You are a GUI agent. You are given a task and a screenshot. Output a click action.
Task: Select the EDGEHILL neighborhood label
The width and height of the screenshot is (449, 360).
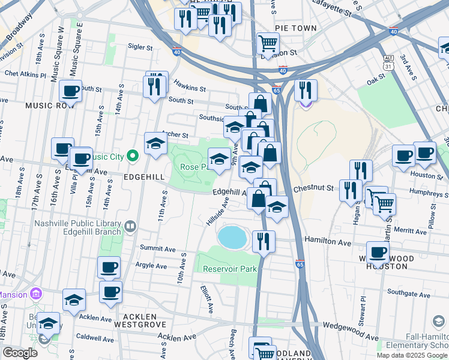pyautogui.click(x=144, y=178)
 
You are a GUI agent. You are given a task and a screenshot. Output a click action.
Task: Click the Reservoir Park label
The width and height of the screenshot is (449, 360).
pyautogui.click(x=229, y=269)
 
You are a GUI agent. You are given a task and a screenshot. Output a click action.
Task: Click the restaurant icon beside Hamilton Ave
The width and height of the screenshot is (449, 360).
pyautogui.click(x=264, y=241)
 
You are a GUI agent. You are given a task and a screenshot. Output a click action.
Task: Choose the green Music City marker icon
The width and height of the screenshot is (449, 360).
pyautogui.click(x=133, y=157)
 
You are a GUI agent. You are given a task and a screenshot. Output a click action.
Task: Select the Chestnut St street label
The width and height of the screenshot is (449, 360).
pyautogui.click(x=313, y=188)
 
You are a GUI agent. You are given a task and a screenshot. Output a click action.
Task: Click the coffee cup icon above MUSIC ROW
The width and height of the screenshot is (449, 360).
pyautogui.click(x=70, y=91)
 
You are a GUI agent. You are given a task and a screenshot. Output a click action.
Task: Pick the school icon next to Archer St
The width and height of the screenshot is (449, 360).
pyautogui.click(x=155, y=143)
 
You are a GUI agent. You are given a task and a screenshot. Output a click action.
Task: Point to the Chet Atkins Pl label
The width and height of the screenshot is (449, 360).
pyautogui.click(x=25, y=75)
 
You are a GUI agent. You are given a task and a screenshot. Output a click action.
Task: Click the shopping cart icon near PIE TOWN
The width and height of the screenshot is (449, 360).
pyautogui.click(x=267, y=43)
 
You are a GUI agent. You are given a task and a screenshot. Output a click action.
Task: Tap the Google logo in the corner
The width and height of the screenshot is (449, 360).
pyautogui.click(x=20, y=353)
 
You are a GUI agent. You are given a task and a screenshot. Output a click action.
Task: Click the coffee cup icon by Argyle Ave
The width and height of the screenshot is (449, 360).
pyautogui.click(x=109, y=267)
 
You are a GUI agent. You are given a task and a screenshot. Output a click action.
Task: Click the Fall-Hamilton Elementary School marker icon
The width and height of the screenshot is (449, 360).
pyautogui.click(x=439, y=322)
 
